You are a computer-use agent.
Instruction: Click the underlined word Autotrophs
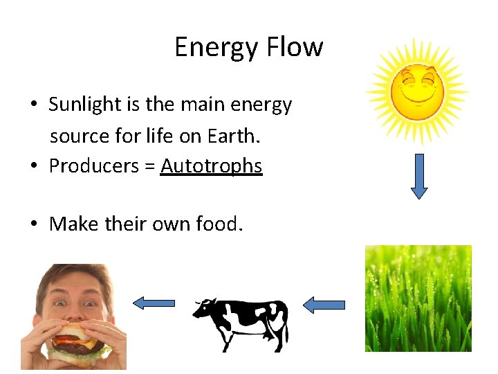(x=211, y=166)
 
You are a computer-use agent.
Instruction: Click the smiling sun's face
(x=416, y=91)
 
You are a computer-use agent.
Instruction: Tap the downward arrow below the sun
(x=419, y=176)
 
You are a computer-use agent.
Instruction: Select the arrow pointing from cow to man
(x=154, y=303)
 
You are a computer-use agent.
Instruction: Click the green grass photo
(x=418, y=298)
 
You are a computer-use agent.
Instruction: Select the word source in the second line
(x=77, y=136)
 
